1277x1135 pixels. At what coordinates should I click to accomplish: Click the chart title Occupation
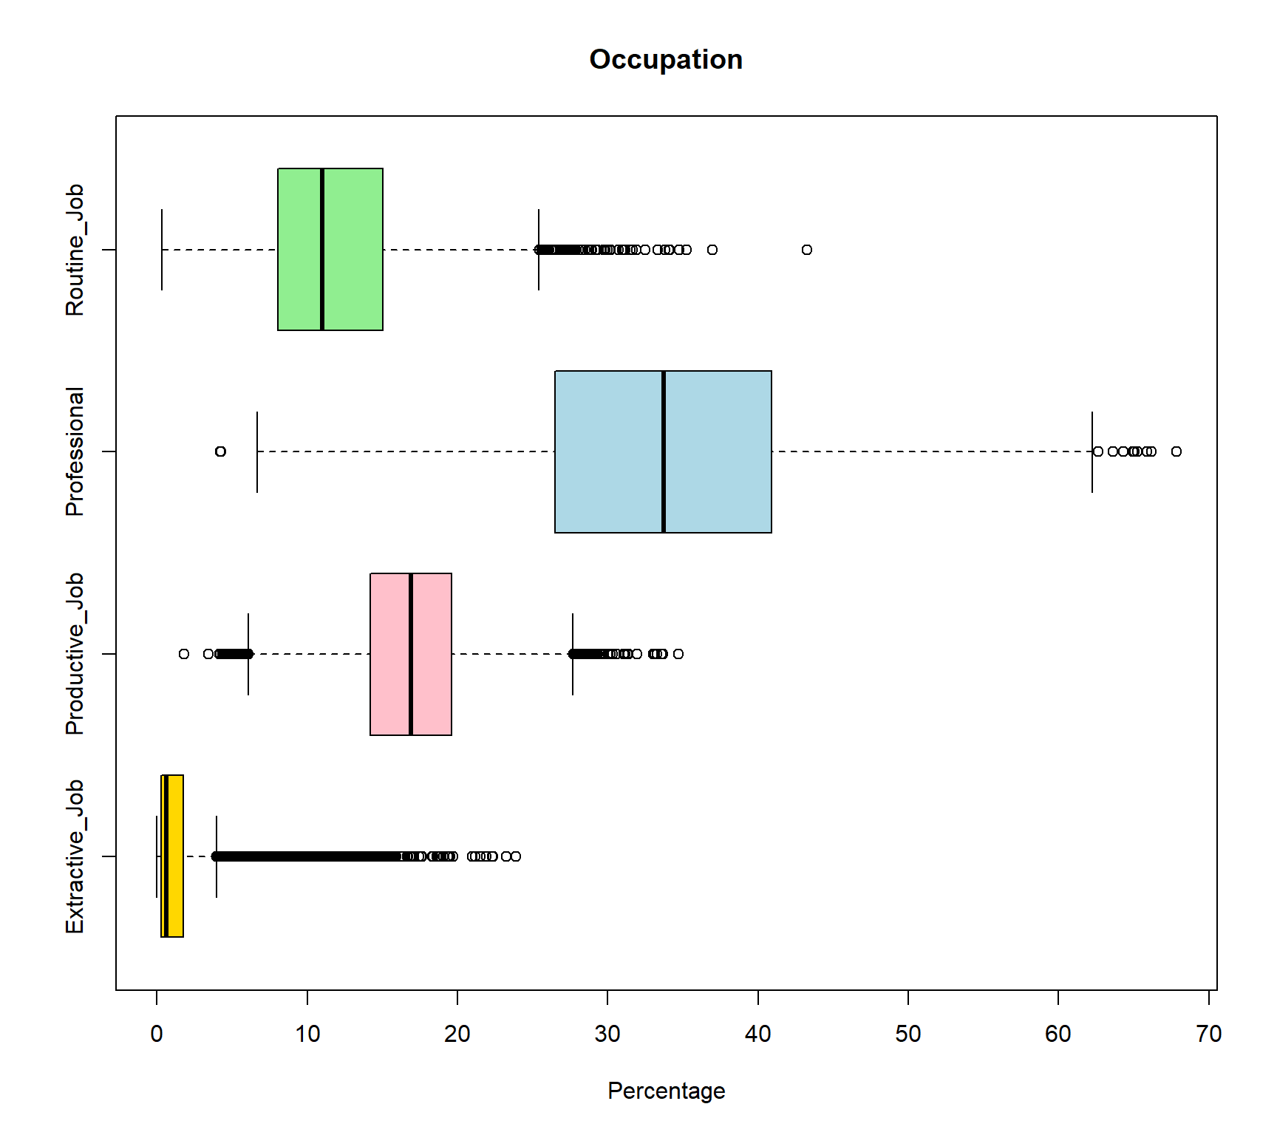click(666, 59)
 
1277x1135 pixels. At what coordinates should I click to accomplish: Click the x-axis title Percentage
click(666, 1091)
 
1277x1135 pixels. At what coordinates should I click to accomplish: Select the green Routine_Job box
click(330, 249)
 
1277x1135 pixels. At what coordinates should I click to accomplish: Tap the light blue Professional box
click(663, 451)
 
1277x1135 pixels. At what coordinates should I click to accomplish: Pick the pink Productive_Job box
click(410, 654)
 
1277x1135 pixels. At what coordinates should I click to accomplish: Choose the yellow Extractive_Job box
click(172, 856)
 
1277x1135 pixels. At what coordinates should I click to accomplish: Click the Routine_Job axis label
click(75, 250)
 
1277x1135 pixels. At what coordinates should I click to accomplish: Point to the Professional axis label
click(75, 451)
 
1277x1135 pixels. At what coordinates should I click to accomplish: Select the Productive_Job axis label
click(75, 654)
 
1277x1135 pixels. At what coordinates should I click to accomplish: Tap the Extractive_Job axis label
click(75, 856)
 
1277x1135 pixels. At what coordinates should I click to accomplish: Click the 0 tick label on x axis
click(157, 1034)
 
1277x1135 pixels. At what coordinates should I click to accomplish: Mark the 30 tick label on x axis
click(607, 1034)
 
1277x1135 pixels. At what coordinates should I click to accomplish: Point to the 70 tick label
click(1208, 1034)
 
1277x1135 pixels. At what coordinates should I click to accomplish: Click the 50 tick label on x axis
click(908, 1034)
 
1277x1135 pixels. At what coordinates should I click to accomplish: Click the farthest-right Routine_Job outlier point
click(807, 250)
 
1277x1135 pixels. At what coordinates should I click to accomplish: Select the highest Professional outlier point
click(1176, 451)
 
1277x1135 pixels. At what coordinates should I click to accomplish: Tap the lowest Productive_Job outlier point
click(184, 654)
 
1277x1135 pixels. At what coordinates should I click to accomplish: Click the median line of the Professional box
click(664, 451)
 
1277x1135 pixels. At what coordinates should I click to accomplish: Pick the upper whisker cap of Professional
click(1092, 451)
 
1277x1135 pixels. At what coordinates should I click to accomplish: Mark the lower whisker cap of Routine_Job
click(162, 250)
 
